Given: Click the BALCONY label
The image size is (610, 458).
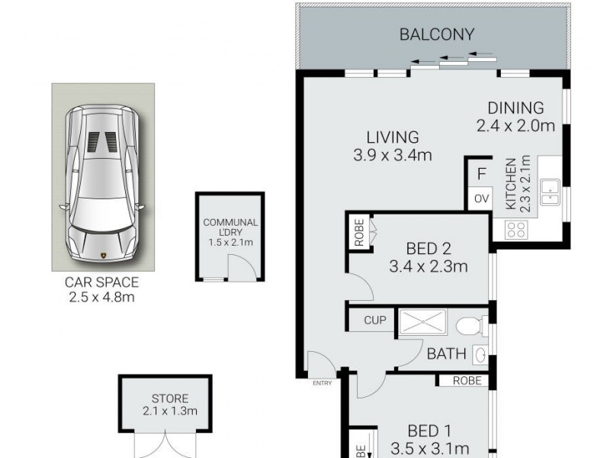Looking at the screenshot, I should (437, 34).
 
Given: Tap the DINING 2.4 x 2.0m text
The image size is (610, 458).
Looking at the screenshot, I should (515, 117).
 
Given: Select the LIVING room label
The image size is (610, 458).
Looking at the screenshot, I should (393, 147).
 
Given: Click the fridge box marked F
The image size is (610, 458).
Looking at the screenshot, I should (480, 173).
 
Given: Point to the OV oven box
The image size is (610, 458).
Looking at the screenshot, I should (480, 198).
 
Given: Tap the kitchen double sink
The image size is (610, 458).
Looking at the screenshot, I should (550, 192).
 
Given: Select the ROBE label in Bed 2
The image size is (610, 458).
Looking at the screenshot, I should (358, 233).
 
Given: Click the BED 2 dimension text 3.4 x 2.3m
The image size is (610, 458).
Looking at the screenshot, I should (427, 267).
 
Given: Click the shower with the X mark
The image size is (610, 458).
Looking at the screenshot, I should (422, 323).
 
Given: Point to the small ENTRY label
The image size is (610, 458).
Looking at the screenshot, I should (322, 383).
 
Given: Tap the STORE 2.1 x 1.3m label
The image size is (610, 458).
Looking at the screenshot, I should (169, 405).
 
